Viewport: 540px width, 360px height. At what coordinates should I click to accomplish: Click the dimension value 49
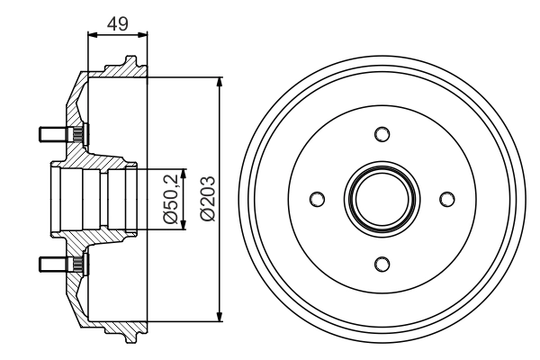click(117, 22)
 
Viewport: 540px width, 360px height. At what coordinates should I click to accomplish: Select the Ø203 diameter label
click(206, 199)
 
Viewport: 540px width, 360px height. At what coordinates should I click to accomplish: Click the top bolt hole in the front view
click(382, 134)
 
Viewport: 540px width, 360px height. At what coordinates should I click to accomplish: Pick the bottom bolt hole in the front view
click(382, 263)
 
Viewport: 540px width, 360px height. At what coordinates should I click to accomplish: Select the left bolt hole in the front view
click(317, 199)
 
